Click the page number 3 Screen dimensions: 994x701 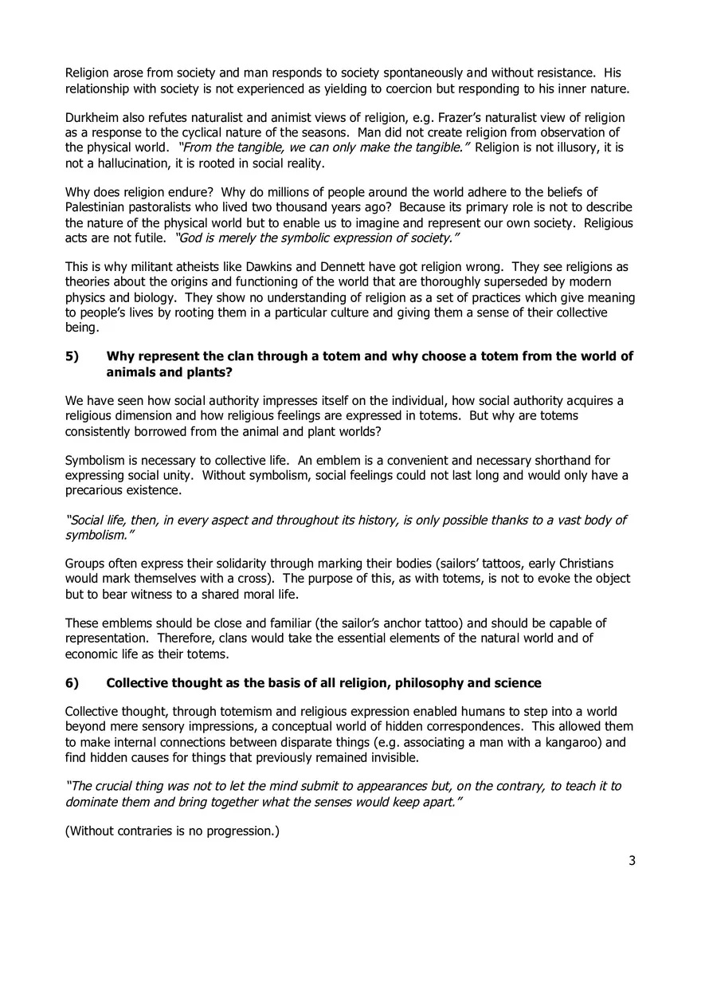[x=632, y=860]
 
